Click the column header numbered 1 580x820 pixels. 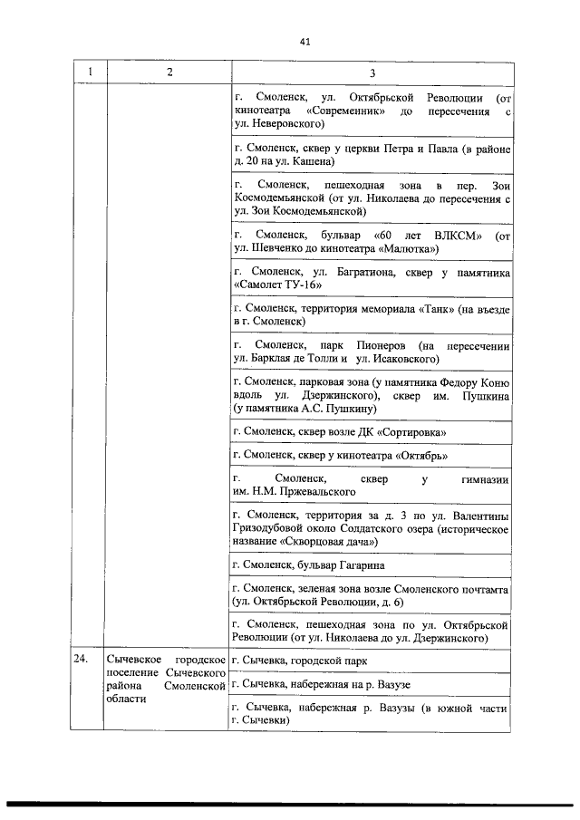(x=89, y=72)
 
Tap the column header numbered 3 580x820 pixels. (x=372, y=72)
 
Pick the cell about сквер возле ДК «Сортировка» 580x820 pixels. (x=339, y=432)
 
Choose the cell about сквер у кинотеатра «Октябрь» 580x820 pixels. (x=340, y=456)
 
